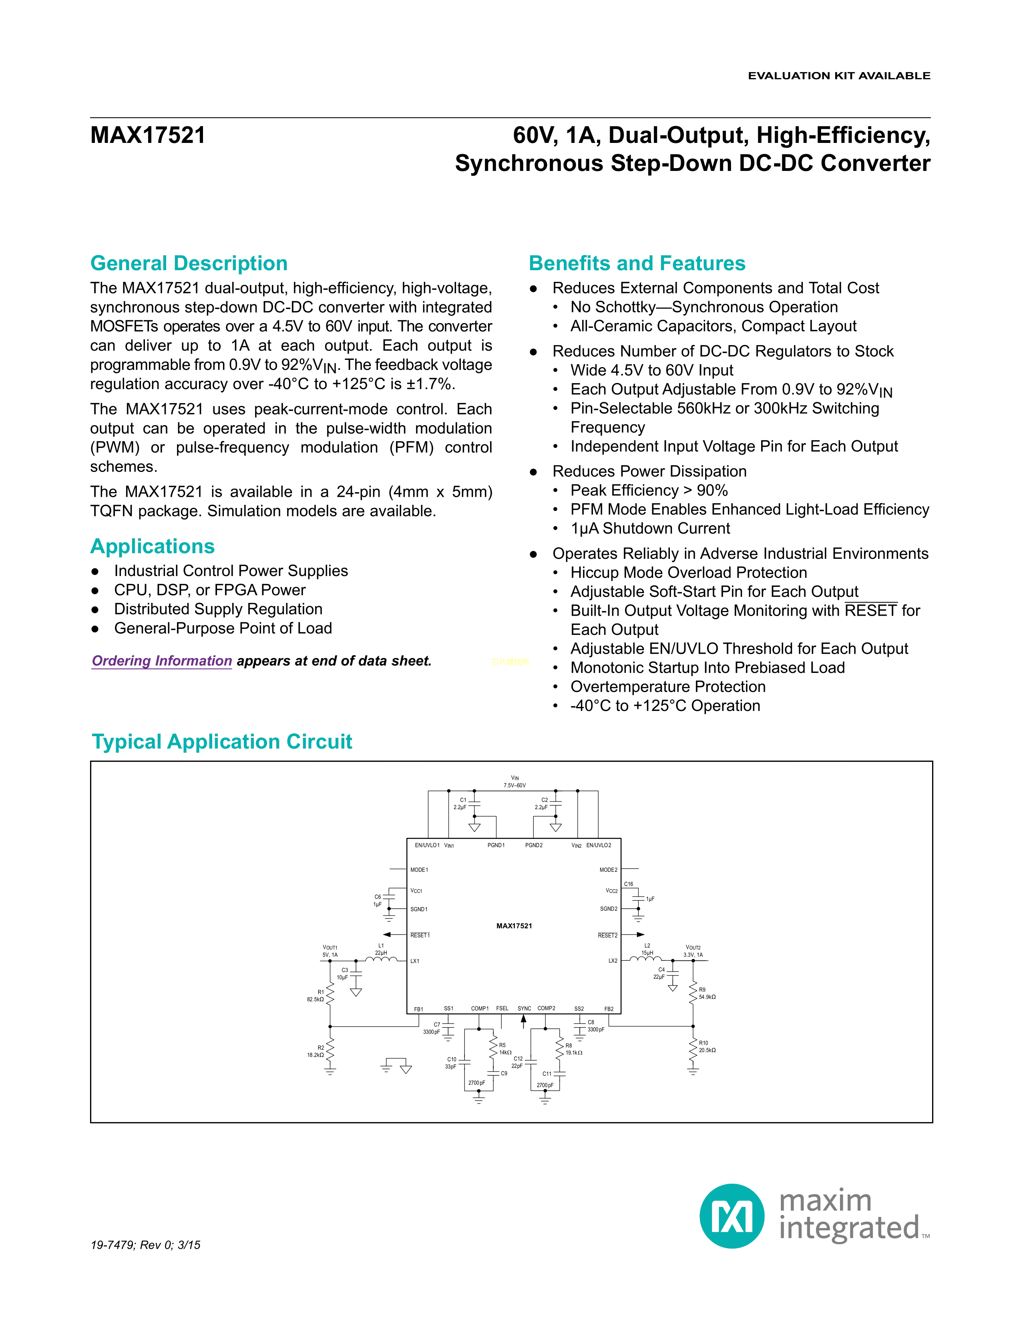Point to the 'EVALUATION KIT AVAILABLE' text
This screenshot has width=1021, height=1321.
click(838, 76)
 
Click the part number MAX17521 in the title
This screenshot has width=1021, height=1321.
click(148, 135)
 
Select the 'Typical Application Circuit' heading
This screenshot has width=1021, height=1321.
click(221, 741)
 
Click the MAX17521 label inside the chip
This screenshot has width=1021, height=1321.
click(514, 926)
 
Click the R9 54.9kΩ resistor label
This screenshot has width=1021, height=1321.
click(706, 993)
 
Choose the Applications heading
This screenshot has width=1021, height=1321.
click(153, 546)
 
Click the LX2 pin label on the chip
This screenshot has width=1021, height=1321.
click(612, 960)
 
